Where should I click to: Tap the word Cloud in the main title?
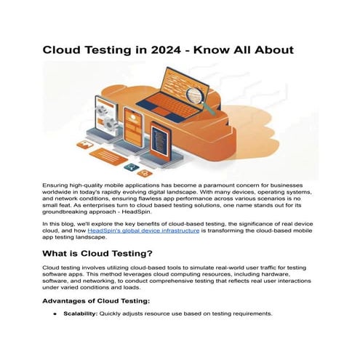click(63, 50)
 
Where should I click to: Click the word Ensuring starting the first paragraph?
click(58, 187)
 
